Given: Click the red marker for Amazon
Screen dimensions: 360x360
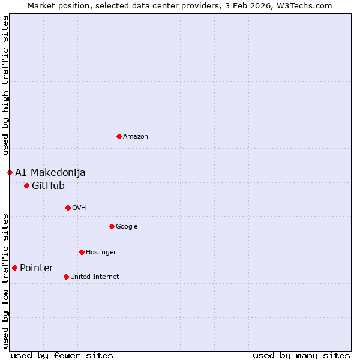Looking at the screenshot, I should (x=119, y=136).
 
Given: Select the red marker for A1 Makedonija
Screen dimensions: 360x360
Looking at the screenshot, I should (x=10, y=172).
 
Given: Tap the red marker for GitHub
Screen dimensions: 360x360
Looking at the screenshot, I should (x=26, y=185).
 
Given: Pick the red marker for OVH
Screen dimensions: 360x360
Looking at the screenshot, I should (x=68, y=208).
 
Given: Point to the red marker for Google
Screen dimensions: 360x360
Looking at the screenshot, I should (x=112, y=226).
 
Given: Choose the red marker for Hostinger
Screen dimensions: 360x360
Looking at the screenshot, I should (x=82, y=252).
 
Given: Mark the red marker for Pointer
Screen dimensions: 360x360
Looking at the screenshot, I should (x=14, y=268).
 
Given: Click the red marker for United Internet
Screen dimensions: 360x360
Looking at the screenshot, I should (x=66, y=277).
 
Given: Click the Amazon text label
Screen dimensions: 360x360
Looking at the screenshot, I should (x=136, y=136).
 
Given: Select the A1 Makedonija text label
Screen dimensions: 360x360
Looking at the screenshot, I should (x=50, y=172).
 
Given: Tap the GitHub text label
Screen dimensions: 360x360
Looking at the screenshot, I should (x=48, y=185).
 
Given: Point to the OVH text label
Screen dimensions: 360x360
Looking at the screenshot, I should (x=79, y=208).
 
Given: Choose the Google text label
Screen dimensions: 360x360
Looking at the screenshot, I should (x=127, y=226).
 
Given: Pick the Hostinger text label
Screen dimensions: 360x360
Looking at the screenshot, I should (x=101, y=252).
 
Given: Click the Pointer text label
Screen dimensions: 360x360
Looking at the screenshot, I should (x=37, y=268).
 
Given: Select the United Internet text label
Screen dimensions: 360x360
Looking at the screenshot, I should (x=95, y=277).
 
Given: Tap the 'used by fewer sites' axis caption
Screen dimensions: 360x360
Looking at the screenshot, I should (x=62, y=355).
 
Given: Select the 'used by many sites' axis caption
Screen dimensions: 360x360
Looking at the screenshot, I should (x=301, y=355).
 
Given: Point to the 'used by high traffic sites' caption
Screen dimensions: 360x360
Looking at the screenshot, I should (x=5, y=86).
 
